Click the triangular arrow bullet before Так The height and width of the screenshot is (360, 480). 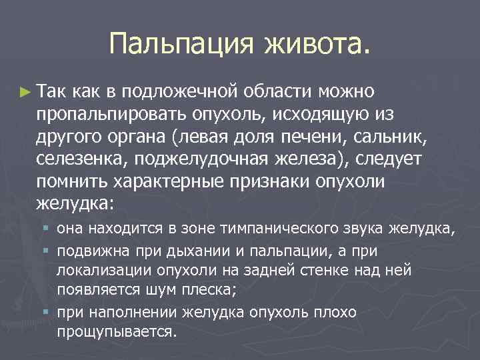[25, 90]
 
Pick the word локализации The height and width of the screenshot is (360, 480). [99, 270]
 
